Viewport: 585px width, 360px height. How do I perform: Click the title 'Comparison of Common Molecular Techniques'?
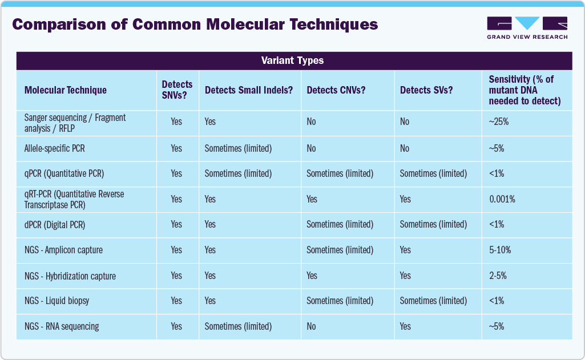(195, 25)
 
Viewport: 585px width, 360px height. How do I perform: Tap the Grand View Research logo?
(527, 28)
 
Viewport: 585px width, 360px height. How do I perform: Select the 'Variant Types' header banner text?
(292, 60)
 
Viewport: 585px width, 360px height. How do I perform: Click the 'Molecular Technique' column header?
(66, 90)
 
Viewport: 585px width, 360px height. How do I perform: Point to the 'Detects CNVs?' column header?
(336, 90)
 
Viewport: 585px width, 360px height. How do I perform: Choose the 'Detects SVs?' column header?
(426, 90)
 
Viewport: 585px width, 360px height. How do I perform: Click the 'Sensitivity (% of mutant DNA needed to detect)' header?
(525, 90)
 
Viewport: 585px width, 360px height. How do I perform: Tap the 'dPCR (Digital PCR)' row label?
(55, 225)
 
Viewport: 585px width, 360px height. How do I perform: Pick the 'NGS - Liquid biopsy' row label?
(57, 301)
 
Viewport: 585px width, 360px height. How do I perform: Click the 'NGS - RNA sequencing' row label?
(62, 326)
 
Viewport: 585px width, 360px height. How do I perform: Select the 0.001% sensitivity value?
(502, 199)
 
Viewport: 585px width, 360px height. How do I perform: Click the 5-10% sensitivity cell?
(500, 250)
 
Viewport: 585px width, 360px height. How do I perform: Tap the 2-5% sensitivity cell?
(498, 276)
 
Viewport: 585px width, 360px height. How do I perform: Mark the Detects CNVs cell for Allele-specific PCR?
(311, 148)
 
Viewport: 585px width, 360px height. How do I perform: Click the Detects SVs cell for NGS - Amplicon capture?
(405, 250)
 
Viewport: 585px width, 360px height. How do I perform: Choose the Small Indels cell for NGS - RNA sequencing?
(238, 326)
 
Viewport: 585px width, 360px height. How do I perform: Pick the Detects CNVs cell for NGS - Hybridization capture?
(312, 276)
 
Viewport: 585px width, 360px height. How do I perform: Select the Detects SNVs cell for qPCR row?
(176, 173)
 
